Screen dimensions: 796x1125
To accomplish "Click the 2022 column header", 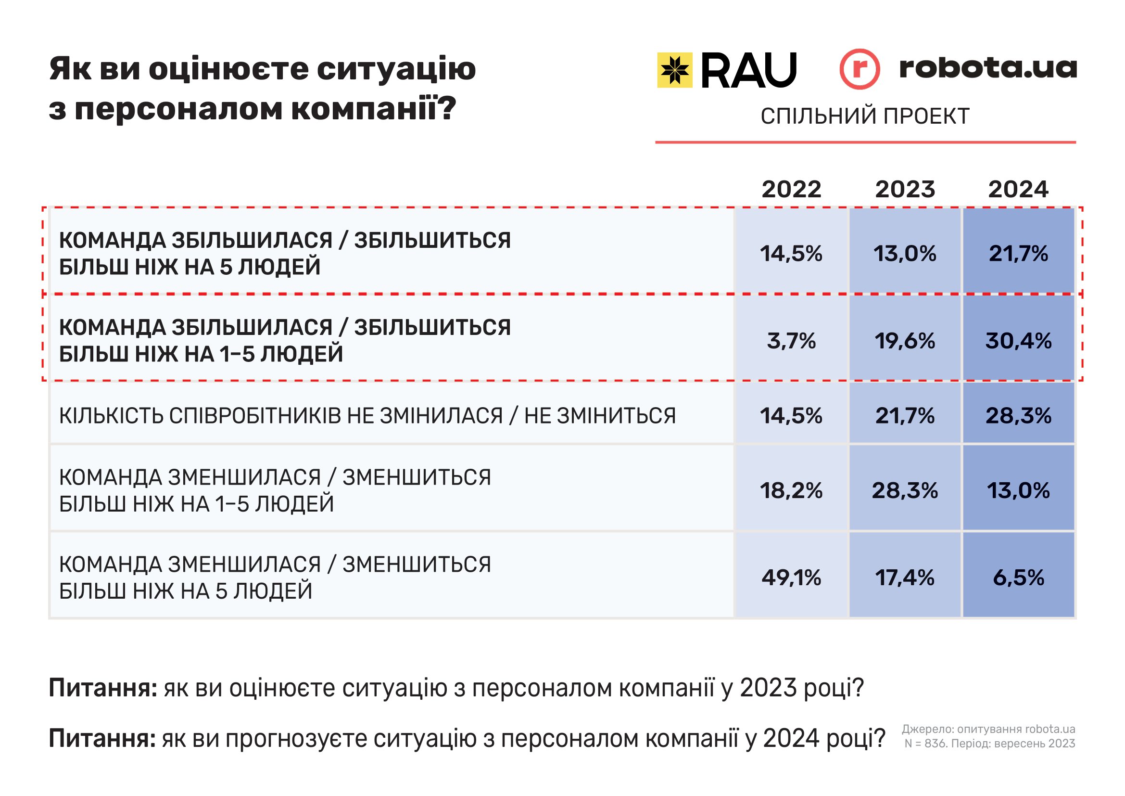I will pos(791,189).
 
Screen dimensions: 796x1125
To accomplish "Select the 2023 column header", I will pos(905,189).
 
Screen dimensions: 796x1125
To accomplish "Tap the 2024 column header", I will pos(1018,189).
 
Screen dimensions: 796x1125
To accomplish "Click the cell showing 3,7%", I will pos(791,341).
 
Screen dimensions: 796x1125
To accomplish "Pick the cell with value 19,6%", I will pos(905,341).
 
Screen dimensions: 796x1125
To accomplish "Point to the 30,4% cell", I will pos(1018,341).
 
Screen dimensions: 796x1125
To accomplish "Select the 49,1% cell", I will pos(791,578).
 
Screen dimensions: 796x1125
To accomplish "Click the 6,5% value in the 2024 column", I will pos(1018,578).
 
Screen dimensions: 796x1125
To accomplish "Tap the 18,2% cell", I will pos(791,490).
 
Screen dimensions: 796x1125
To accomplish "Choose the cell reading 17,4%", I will pos(905,578).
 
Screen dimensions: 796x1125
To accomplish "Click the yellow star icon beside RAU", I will pos(675,70).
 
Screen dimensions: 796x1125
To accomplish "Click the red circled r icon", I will pos(860,69).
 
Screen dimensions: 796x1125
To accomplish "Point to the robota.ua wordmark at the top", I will pos(988,68).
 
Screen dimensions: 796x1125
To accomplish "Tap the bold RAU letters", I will pos(749,71).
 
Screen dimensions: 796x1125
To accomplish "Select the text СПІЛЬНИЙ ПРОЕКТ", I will pos(865,116).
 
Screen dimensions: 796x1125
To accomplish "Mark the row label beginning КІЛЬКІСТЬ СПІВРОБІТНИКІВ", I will pos(367,416).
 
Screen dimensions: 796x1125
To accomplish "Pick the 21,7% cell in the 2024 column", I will pos(1018,254).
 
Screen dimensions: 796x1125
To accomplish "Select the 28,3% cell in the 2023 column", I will pos(905,490).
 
